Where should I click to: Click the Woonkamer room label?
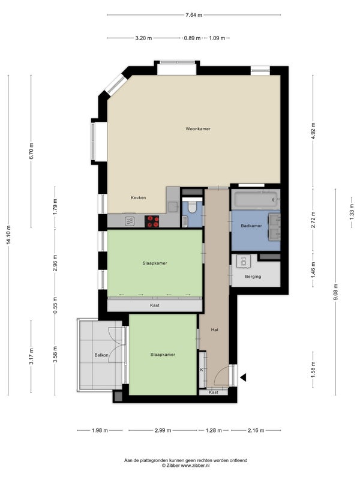coord(198,129)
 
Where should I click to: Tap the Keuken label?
coord(139,198)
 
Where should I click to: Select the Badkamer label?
coord(251,226)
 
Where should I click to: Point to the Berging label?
coord(253,277)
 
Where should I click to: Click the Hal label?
coord(215,329)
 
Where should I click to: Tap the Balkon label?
coord(101,355)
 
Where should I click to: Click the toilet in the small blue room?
coord(192,207)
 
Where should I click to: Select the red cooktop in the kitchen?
coord(152,221)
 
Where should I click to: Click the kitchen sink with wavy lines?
coord(130,221)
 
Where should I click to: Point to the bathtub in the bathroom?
coord(256,199)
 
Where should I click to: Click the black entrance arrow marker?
coord(243,378)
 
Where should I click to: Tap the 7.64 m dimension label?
coord(194,14)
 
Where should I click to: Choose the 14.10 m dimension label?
coord(8,235)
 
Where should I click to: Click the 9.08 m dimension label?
coord(335,292)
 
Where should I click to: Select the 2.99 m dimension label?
coord(163,430)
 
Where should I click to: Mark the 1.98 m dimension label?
coord(100,430)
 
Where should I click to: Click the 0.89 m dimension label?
coord(192,38)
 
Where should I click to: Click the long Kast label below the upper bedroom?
coord(155,305)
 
